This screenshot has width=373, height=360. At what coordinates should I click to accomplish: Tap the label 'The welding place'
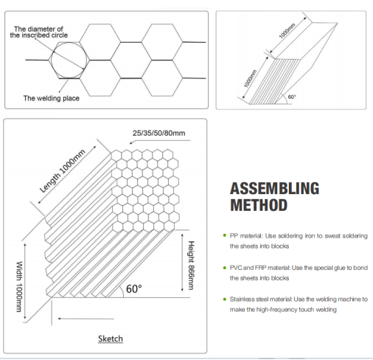pyautogui.click(x=52, y=98)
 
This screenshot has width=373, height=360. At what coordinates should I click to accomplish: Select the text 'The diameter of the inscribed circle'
pyautogui.click(x=38, y=32)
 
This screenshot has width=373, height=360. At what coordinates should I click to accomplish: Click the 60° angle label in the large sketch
pyautogui.click(x=134, y=288)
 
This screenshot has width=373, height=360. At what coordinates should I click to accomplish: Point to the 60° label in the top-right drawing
pyautogui.click(x=292, y=97)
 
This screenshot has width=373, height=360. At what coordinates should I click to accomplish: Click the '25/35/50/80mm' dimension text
pyautogui.click(x=158, y=133)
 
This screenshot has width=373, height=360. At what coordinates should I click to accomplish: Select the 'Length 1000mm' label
pyautogui.click(x=63, y=171)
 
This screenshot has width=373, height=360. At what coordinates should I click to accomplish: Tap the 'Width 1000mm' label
pyautogui.click(x=19, y=286)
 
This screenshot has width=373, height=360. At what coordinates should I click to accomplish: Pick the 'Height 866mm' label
pyautogui.click(x=191, y=266)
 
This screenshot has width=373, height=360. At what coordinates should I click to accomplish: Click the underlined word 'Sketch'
pyautogui.click(x=111, y=339)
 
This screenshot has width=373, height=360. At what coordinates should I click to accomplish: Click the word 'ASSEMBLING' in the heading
pyautogui.click(x=274, y=188)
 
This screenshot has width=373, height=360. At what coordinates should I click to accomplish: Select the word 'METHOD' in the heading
pyautogui.click(x=259, y=205)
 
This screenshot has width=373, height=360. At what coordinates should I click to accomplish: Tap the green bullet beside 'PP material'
pyautogui.click(x=225, y=235)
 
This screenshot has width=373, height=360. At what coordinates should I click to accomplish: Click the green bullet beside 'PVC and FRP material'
pyautogui.click(x=225, y=268)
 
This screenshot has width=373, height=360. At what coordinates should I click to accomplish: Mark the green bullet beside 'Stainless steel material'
pyautogui.click(x=225, y=300)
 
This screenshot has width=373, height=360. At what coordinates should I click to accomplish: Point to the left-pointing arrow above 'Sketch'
pyautogui.click(x=86, y=319)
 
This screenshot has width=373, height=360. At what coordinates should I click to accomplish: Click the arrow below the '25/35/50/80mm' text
pyautogui.click(x=160, y=142)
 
